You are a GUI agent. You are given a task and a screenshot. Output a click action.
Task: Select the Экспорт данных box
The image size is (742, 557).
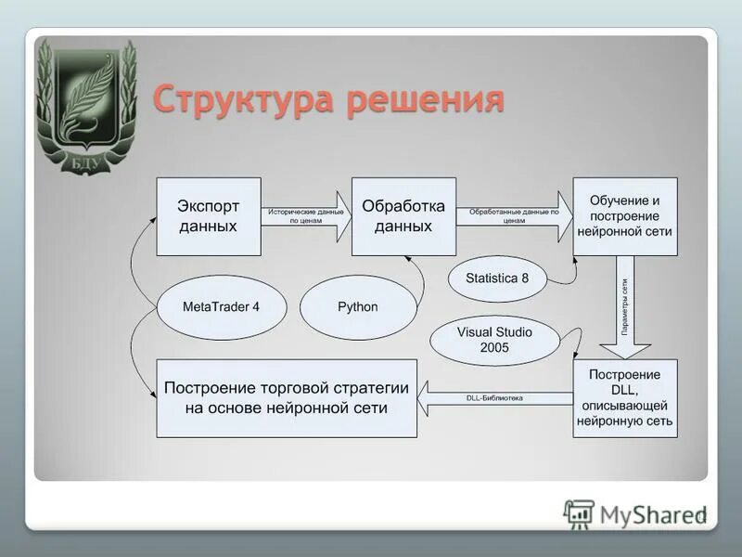tap(208, 216)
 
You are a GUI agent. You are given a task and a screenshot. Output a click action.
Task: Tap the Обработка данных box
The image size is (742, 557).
tap(403, 216)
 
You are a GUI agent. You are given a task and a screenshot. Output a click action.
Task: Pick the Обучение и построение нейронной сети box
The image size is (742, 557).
tap(624, 216)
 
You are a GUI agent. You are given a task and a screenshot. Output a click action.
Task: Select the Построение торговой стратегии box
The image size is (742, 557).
tap(287, 397)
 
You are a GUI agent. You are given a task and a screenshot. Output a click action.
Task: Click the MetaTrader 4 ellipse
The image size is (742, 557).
tap(222, 307)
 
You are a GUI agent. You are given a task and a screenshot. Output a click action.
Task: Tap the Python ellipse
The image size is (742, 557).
tap(357, 307)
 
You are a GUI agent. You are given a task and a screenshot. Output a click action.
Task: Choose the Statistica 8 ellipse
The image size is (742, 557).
tap(497, 278)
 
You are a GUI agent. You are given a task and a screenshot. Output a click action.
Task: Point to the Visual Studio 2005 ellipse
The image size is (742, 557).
tap(494, 340)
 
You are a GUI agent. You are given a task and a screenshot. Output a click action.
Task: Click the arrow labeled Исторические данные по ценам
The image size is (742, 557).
tap(306, 216)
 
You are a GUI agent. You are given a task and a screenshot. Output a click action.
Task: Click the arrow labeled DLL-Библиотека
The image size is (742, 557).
tap(496, 398)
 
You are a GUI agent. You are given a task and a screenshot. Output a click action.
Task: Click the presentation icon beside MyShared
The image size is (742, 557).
tap(580, 514)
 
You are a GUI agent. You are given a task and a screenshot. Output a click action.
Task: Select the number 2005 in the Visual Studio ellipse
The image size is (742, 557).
tap(494, 348)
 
